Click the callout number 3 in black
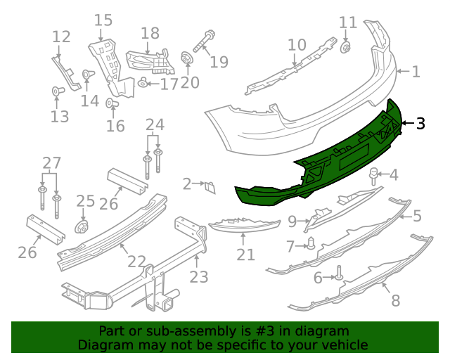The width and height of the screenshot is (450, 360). pyautogui.click(x=420, y=124)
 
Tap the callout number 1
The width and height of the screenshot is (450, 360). pyautogui.click(x=416, y=72)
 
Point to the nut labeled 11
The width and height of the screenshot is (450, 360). pyautogui.click(x=347, y=48)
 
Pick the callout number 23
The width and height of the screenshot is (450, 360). pyautogui.click(x=199, y=276)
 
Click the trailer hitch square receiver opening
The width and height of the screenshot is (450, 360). pyautogui.click(x=169, y=304)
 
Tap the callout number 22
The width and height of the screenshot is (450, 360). pyautogui.click(x=136, y=262)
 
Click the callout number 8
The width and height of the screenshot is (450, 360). pyautogui.click(x=395, y=300)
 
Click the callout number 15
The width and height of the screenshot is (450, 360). pyautogui.click(x=103, y=20)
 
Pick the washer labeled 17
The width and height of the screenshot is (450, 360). pyautogui.click(x=143, y=84)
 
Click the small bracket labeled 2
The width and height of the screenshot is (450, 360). pyautogui.click(x=210, y=186)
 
